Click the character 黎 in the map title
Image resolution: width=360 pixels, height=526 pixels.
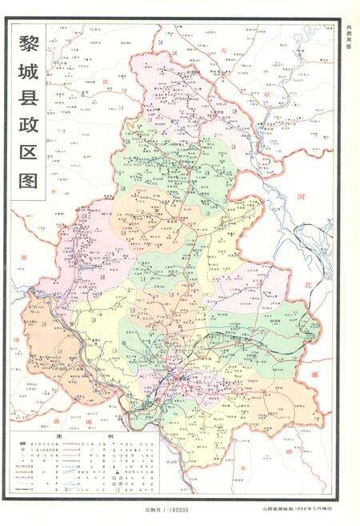(27, 42)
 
